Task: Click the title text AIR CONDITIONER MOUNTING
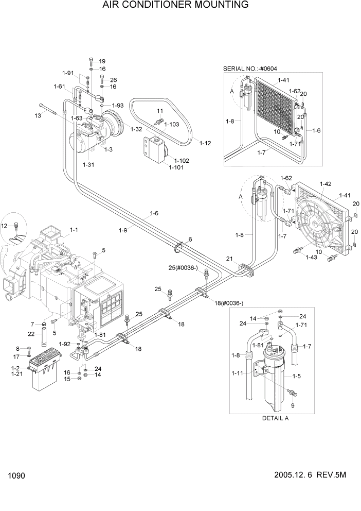(175, 6)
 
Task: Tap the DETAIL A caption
(276, 418)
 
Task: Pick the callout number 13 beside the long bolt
(38, 115)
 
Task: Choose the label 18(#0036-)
(229, 303)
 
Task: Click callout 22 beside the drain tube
(31, 334)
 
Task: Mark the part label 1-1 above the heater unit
(73, 230)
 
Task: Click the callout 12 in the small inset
(5, 226)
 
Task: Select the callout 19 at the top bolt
(102, 61)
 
